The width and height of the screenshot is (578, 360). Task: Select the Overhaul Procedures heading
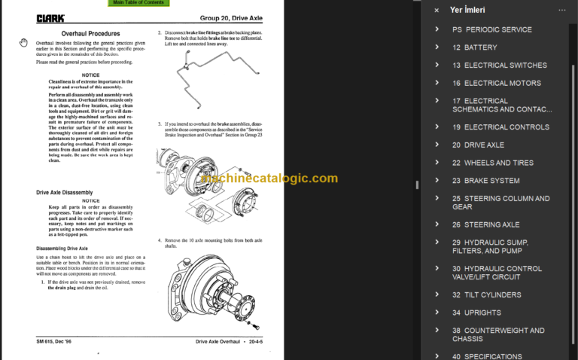point(90,34)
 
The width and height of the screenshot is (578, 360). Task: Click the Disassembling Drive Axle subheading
point(62,248)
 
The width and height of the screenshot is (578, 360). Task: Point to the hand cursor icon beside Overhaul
point(24,43)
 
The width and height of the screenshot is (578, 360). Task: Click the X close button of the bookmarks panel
point(437,11)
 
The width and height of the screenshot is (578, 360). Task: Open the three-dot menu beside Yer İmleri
point(561,11)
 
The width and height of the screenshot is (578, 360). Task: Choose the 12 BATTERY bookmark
point(475,47)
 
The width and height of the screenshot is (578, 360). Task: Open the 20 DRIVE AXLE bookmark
point(485,145)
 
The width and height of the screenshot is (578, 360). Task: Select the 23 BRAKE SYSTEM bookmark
point(485,181)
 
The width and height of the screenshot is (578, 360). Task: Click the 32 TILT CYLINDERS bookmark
point(486,294)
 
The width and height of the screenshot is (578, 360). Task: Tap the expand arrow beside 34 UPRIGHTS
point(437,313)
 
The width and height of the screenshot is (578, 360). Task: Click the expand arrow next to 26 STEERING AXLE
point(437,224)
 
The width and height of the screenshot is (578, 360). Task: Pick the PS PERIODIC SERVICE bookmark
point(491,29)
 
